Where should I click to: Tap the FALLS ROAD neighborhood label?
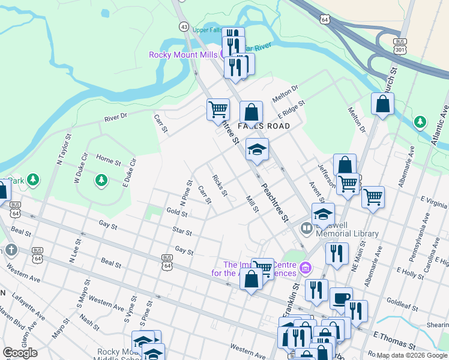click(x=264, y=126)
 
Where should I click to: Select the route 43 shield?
click(x=184, y=26)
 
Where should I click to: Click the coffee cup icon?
click(x=341, y=298)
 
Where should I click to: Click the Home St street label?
click(x=108, y=160)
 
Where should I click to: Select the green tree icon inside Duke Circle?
click(x=101, y=179)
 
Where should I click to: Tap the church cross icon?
click(x=10, y=250)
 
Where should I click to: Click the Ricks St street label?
click(x=220, y=185)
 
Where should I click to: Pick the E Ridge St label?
click(x=292, y=110)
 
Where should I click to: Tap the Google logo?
click(x=20, y=353)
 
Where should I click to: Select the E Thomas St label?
click(x=393, y=340)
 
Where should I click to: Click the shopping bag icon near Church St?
click(x=382, y=104)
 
